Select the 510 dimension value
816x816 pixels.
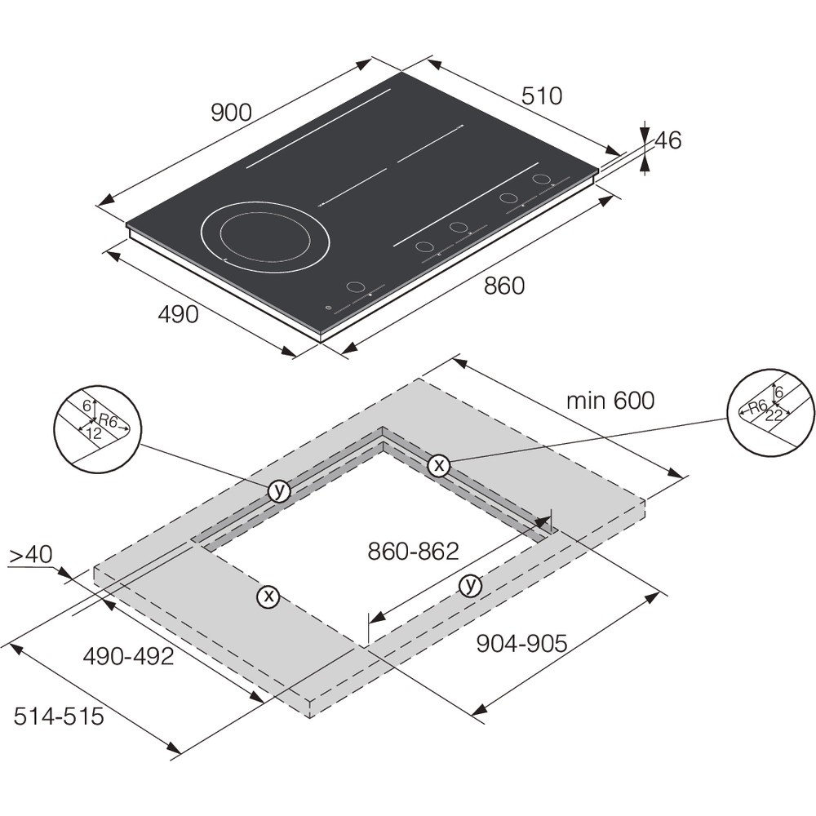tap(542, 96)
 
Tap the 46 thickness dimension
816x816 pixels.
tap(667, 141)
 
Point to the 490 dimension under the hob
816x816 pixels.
tap(177, 314)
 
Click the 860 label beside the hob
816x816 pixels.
tap(503, 286)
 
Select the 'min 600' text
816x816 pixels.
tap(611, 401)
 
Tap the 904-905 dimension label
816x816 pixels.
tap(521, 644)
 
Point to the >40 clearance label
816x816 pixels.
tap(30, 555)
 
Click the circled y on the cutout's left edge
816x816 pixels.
tap(279, 490)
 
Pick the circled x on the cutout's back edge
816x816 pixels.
tap(439, 465)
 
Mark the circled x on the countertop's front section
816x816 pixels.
tap(268, 597)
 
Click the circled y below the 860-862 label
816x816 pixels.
tap(470, 584)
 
